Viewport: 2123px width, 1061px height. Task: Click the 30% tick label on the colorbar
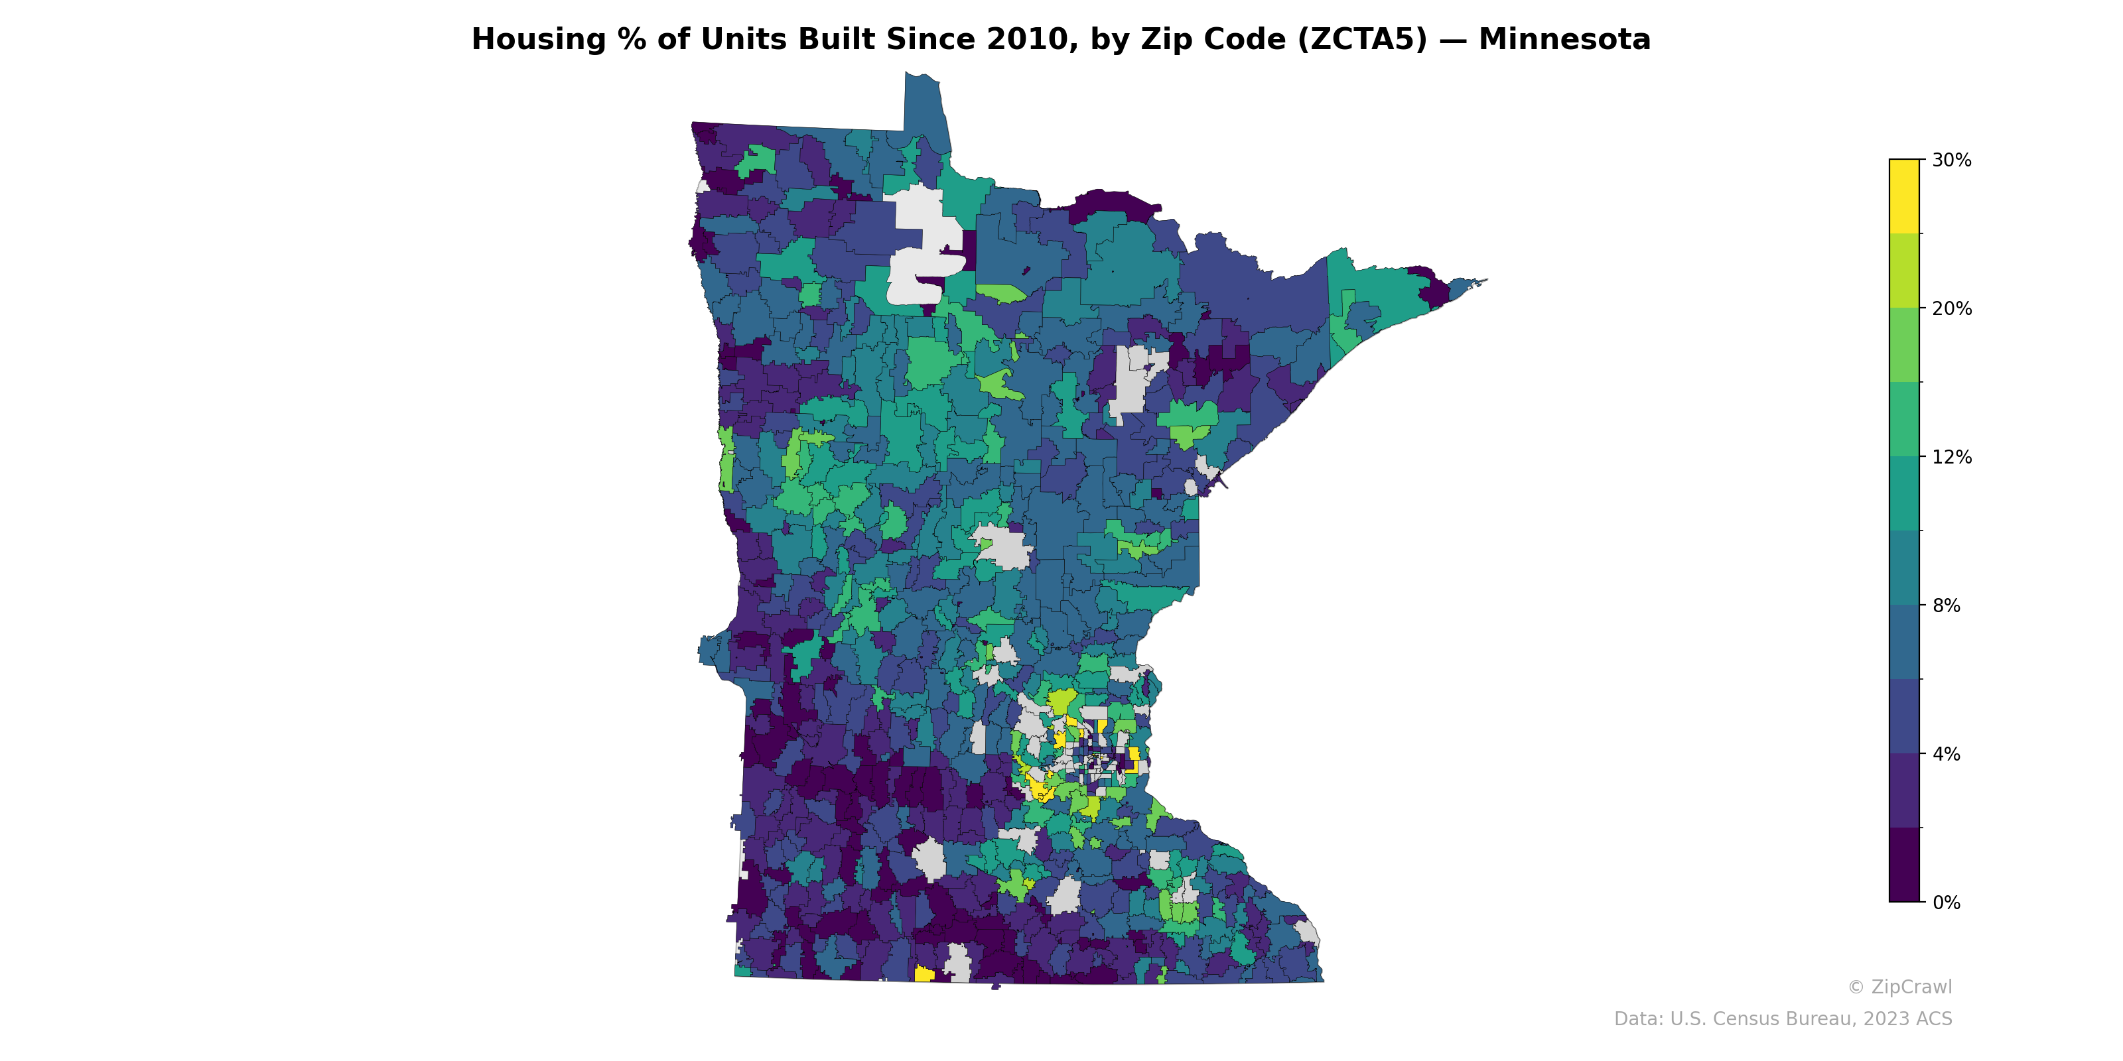point(1951,160)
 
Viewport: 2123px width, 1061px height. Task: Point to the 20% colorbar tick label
point(1951,308)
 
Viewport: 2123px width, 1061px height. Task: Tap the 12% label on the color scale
point(1951,457)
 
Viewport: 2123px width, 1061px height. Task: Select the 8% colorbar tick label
point(1946,605)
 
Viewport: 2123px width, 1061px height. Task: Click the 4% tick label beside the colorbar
point(1946,754)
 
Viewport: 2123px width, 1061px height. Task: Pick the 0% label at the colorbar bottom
point(1946,903)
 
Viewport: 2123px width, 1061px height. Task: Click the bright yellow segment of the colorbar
point(1904,196)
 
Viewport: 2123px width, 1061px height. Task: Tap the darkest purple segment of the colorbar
point(1904,865)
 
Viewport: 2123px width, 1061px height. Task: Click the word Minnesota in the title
point(1564,40)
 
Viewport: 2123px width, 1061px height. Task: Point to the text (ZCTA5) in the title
point(1361,40)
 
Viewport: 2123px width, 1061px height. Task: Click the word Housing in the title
point(538,40)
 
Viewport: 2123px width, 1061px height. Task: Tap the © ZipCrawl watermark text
point(1899,987)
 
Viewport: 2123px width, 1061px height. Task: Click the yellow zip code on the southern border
point(924,975)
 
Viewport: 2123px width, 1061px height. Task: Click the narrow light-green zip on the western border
point(726,460)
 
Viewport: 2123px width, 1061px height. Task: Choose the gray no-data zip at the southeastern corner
point(1307,933)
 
